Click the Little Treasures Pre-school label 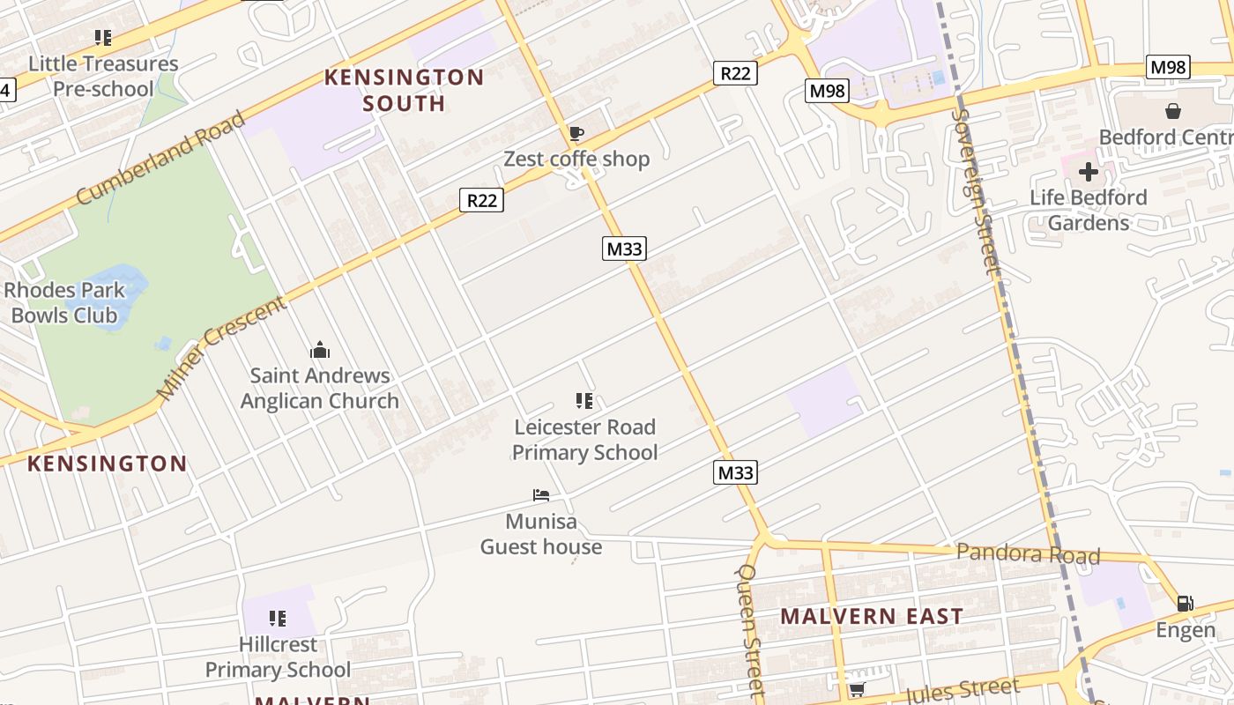[x=103, y=76]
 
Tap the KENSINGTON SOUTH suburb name [x=404, y=90]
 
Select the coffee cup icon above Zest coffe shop [x=576, y=134]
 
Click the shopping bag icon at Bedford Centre [x=1173, y=111]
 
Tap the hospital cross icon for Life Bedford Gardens [x=1089, y=171]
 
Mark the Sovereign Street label [x=978, y=189]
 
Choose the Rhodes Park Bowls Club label [x=63, y=302]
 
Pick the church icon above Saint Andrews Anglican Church [x=320, y=351]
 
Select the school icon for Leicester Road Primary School [x=584, y=402]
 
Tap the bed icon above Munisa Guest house [x=541, y=495]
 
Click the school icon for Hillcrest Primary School [x=278, y=619]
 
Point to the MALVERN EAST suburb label [x=872, y=616]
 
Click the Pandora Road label [x=1028, y=553]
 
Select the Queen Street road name [x=749, y=629]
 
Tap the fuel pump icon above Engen [x=1186, y=604]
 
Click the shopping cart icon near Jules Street [x=856, y=689]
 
